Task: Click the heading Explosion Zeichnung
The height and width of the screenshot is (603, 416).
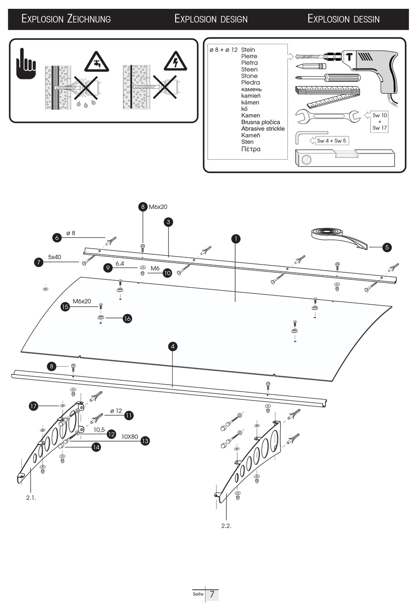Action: (x=66, y=19)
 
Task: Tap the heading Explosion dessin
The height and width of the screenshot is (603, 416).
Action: (x=343, y=19)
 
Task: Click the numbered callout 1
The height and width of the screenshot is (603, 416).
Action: (x=236, y=239)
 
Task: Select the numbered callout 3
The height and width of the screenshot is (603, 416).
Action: (x=168, y=222)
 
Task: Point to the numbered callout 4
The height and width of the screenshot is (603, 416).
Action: (x=173, y=346)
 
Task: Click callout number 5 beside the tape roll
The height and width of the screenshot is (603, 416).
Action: (x=387, y=247)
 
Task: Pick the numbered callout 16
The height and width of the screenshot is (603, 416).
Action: (x=127, y=318)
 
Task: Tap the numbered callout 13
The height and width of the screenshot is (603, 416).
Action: (x=145, y=441)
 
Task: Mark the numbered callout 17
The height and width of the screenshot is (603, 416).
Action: (x=34, y=406)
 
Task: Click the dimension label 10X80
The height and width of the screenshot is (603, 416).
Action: (x=130, y=437)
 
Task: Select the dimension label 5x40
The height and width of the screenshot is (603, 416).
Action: (x=55, y=257)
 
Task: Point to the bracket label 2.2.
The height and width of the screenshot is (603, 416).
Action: (x=226, y=526)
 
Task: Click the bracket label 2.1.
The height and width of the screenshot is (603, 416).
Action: (x=31, y=498)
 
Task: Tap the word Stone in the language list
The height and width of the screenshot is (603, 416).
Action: (x=249, y=76)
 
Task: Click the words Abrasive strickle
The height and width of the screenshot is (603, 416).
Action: (x=263, y=128)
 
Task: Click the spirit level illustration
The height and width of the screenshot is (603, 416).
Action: (x=345, y=158)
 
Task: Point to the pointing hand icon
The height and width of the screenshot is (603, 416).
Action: (x=26, y=64)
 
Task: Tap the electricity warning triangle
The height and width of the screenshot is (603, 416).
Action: (x=175, y=61)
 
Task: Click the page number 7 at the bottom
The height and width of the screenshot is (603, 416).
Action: (x=212, y=594)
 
